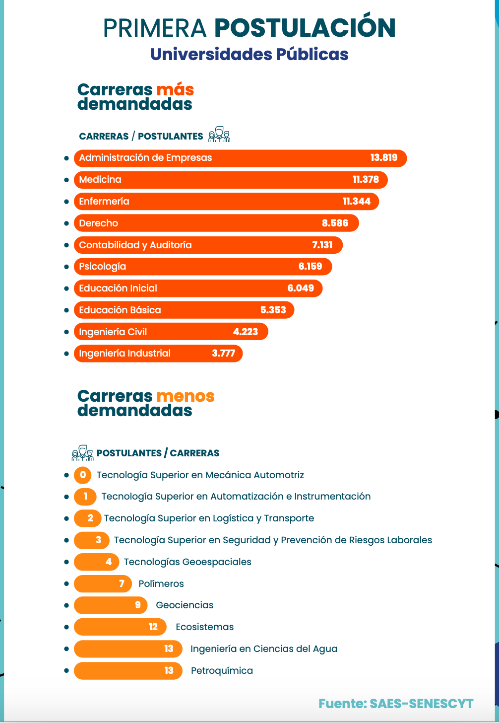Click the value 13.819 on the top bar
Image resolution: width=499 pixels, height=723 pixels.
pyautogui.click(x=384, y=158)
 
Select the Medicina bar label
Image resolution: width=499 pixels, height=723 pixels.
pyautogui.click(x=100, y=180)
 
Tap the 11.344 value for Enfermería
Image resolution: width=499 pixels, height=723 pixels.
pyautogui.click(x=357, y=202)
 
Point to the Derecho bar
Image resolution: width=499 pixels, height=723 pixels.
pyautogui.click(x=216, y=223)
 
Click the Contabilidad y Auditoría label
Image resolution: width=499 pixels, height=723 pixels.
pyautogui.click(x=135, y=245)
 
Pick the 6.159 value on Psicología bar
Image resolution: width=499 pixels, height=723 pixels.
pyautogui.click(x=311, y=267)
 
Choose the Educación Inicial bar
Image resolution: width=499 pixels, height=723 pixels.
pyautogui.click(x=198, y=289)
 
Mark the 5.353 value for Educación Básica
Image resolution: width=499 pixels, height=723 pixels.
pyautogui.click(x=273, y=310)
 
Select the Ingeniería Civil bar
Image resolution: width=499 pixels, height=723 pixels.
pyautogui.click(x=171, y=332)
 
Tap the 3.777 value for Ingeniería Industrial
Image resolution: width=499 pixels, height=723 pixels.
pyautogui.click(x=223, y=354)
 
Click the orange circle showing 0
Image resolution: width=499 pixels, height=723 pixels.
pyautogui.click(x=83, y=475)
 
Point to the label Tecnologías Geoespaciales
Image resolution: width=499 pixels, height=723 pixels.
pyautogui.click(x=187, y=562)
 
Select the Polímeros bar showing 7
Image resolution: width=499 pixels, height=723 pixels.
pyautogui.click(x=103, y=584)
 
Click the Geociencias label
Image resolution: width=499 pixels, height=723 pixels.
pyautogui.click(x=185, y=605)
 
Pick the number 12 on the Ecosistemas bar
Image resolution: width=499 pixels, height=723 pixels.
pyautogui.click(x=153, y=627)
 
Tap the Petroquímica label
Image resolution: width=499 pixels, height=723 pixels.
pyautogui.click(x=222, y=671)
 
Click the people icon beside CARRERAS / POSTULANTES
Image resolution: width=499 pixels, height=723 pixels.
pyautogui.click(x=219, y=135)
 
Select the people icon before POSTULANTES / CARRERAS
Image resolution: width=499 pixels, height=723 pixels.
pyautogui.click(x=82, y=453)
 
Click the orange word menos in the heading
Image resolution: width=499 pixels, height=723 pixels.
pyautogui.click(x=186, y=396)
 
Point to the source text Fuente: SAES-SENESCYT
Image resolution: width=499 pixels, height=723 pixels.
pyautogui.click(x=396, y=704)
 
